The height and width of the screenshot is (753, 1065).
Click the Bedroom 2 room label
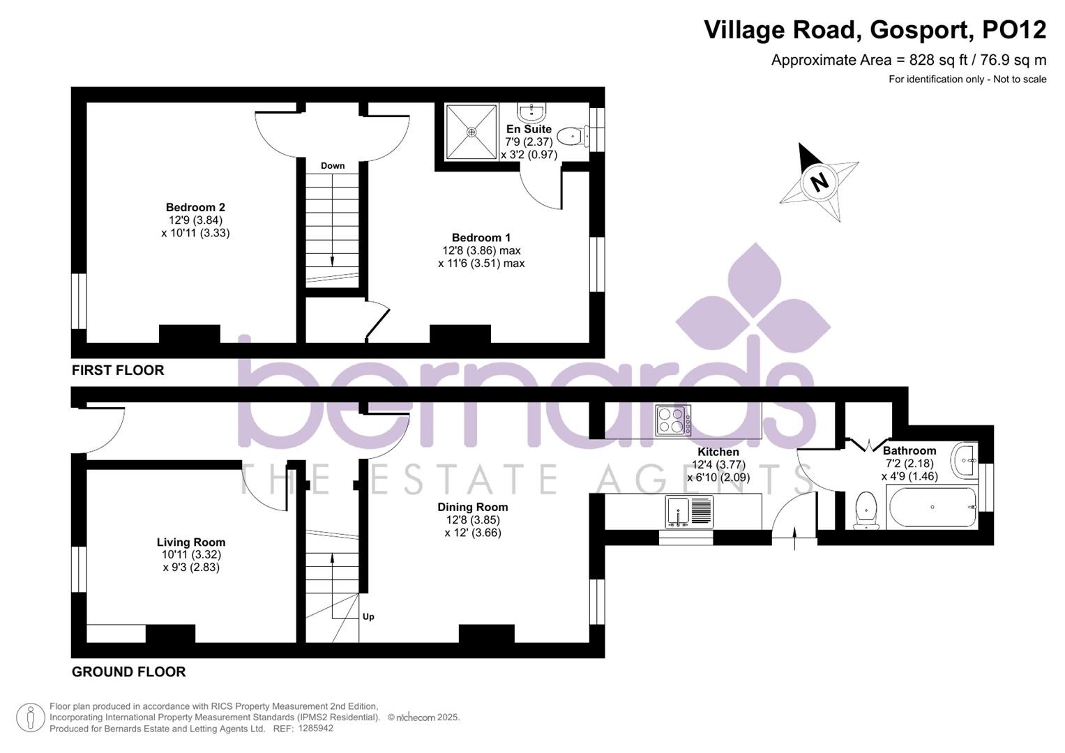(x=195, y=207)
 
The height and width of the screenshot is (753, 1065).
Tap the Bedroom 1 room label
(x=481, y=238)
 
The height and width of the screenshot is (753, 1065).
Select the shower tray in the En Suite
(x=471, y=132)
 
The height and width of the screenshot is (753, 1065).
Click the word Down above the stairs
(x=333, y=166)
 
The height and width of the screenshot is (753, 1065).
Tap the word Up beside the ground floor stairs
(x=368, y=616)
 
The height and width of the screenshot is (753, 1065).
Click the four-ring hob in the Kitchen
(x=673, y=420)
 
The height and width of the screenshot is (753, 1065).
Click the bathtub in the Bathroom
(x=932, y=508)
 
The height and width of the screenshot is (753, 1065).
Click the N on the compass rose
(x=819, y=182)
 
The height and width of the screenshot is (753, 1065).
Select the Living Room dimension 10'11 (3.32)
(x=191, y=555)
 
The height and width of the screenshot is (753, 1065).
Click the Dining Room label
(x=473, y=507)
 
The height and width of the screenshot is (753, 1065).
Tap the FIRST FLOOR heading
(x=118, y=370)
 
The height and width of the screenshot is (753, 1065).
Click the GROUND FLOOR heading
(x=129, y=671)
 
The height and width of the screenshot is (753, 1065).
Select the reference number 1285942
(x=315, y=729)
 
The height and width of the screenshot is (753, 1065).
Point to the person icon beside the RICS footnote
(x=30, y=717)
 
